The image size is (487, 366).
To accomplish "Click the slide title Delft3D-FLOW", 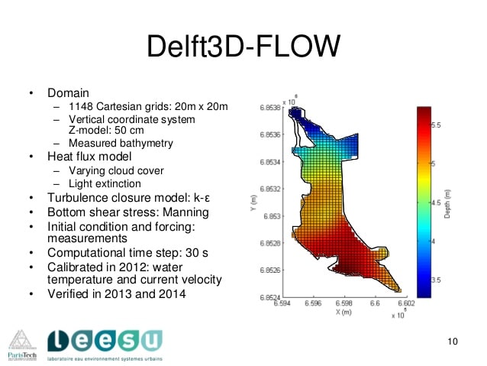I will click(x=243, y=47).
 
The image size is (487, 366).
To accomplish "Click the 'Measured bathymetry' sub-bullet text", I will click(x=121, y=143).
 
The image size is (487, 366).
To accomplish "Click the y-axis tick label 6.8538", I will click(x=269, y=109).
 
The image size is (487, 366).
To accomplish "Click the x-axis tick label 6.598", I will click(x=343, y=303).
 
